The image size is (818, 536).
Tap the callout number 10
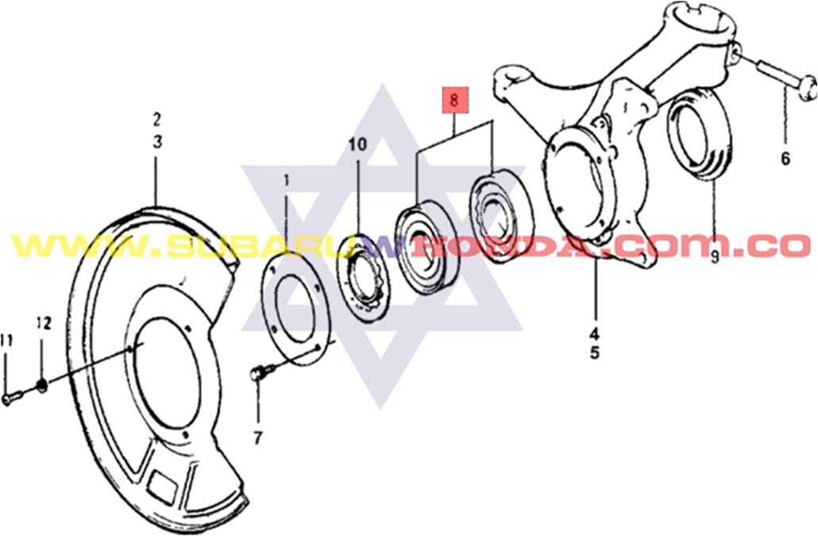(x=358, y=145)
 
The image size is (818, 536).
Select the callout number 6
(x=785, y=158)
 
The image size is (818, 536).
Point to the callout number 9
(x=714, y=256)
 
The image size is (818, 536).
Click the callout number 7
(x=258, y=438)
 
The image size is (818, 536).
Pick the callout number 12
(x=44, y=323)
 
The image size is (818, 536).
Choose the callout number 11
(x=6, y=341)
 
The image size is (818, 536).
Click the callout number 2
(x=156, y=119)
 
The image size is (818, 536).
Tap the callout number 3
(x=157, y=142)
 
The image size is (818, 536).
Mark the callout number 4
(x=595, y=333)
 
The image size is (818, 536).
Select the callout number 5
(x=595, y=353)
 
